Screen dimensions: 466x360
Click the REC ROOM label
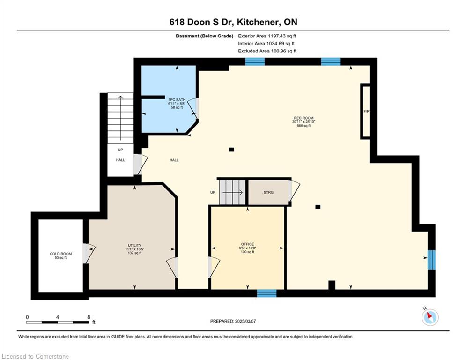pos(303,118)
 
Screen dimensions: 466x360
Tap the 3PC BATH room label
pos(177,100)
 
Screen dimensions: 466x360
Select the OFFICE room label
pos(247,244)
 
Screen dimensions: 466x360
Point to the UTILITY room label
pos(134,246)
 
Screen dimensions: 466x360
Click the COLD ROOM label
pos(60,254)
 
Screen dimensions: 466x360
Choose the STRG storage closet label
pos(268,193)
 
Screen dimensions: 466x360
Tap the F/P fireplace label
pos(366,111)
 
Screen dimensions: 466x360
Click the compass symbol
pos(430,317)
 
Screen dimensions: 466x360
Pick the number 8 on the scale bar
pos(89,317)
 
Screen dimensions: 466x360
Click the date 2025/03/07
pos(245,321)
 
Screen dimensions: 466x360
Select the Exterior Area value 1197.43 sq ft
pos(282,36)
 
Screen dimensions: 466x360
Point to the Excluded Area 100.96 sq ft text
pos(267,51)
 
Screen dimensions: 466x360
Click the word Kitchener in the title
pos(260,22)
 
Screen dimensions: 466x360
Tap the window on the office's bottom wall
pos(266,293)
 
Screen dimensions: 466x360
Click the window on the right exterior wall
pos(431,260)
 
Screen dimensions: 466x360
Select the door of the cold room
pos(89,254)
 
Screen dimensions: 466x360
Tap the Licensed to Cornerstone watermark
pos(35,356)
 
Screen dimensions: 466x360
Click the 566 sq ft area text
pos(303,126)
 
